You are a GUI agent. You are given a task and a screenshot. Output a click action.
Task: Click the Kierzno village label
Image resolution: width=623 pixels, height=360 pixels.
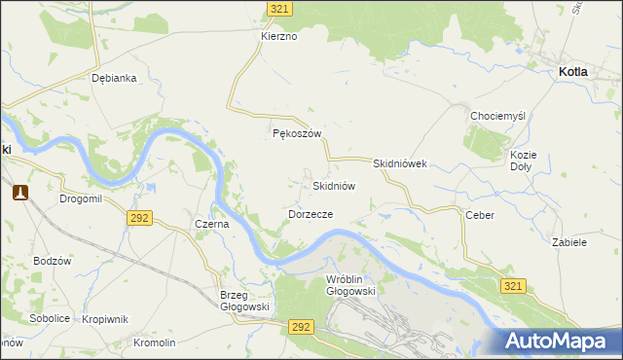[x=278, y=36]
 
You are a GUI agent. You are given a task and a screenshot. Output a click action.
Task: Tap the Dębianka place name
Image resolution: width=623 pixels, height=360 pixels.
[x=113, y=78]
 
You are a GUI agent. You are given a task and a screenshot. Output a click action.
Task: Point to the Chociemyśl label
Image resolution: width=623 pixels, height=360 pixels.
[x=497, y=115]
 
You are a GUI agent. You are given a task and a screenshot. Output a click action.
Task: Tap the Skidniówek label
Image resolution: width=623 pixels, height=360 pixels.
[x=400, y=164]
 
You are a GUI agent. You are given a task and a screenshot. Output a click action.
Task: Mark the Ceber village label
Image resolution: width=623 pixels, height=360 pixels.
[x=480, y=214]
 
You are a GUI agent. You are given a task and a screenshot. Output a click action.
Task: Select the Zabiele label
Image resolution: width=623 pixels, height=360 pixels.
[x=568, y=241]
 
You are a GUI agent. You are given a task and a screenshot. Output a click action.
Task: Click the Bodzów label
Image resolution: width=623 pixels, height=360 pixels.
[x=52, y=261]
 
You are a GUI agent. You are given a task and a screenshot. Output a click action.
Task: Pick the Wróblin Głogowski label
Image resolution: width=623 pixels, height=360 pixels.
[x=349, y=284]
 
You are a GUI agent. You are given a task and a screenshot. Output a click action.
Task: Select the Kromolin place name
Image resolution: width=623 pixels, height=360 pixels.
[x=155, y=342]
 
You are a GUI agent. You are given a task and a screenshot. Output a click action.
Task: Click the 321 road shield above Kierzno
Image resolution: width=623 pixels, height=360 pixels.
[x=280, y=8]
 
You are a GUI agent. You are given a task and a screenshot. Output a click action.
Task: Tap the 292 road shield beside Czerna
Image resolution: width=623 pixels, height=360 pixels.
[x=138, y=218]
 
